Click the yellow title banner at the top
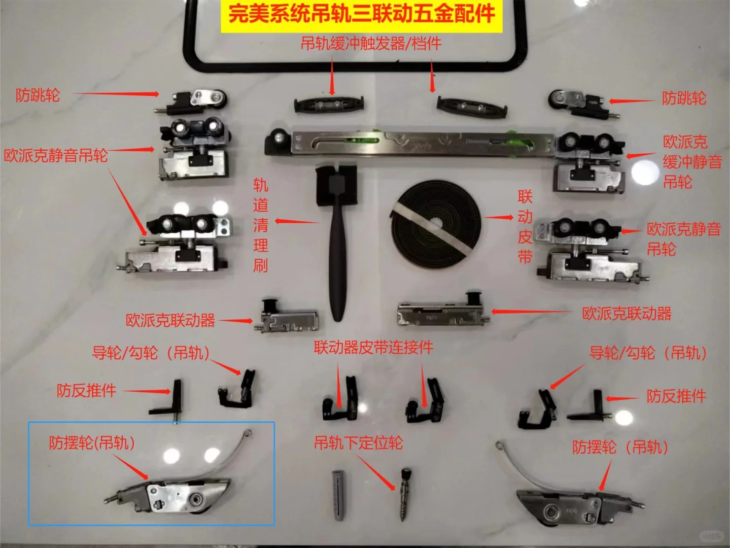click(361, 14)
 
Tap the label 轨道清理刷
click(260, 225)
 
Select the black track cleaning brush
click(337, 238)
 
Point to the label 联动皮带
click(525, 226)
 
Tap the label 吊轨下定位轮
click(358, 443)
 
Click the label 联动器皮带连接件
click(373, 348)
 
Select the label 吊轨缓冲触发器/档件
click(371, 44)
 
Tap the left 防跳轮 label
click(38, 95)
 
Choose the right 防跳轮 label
click(684, 98)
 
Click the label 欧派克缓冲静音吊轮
click(692, 161)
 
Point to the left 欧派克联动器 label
click(170, 321)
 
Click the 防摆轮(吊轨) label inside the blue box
click(92, 443)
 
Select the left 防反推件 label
click(86, 391)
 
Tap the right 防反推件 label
click(676, 396)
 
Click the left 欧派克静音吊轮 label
click(56, 155)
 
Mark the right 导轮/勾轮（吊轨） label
click(648, 353)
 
